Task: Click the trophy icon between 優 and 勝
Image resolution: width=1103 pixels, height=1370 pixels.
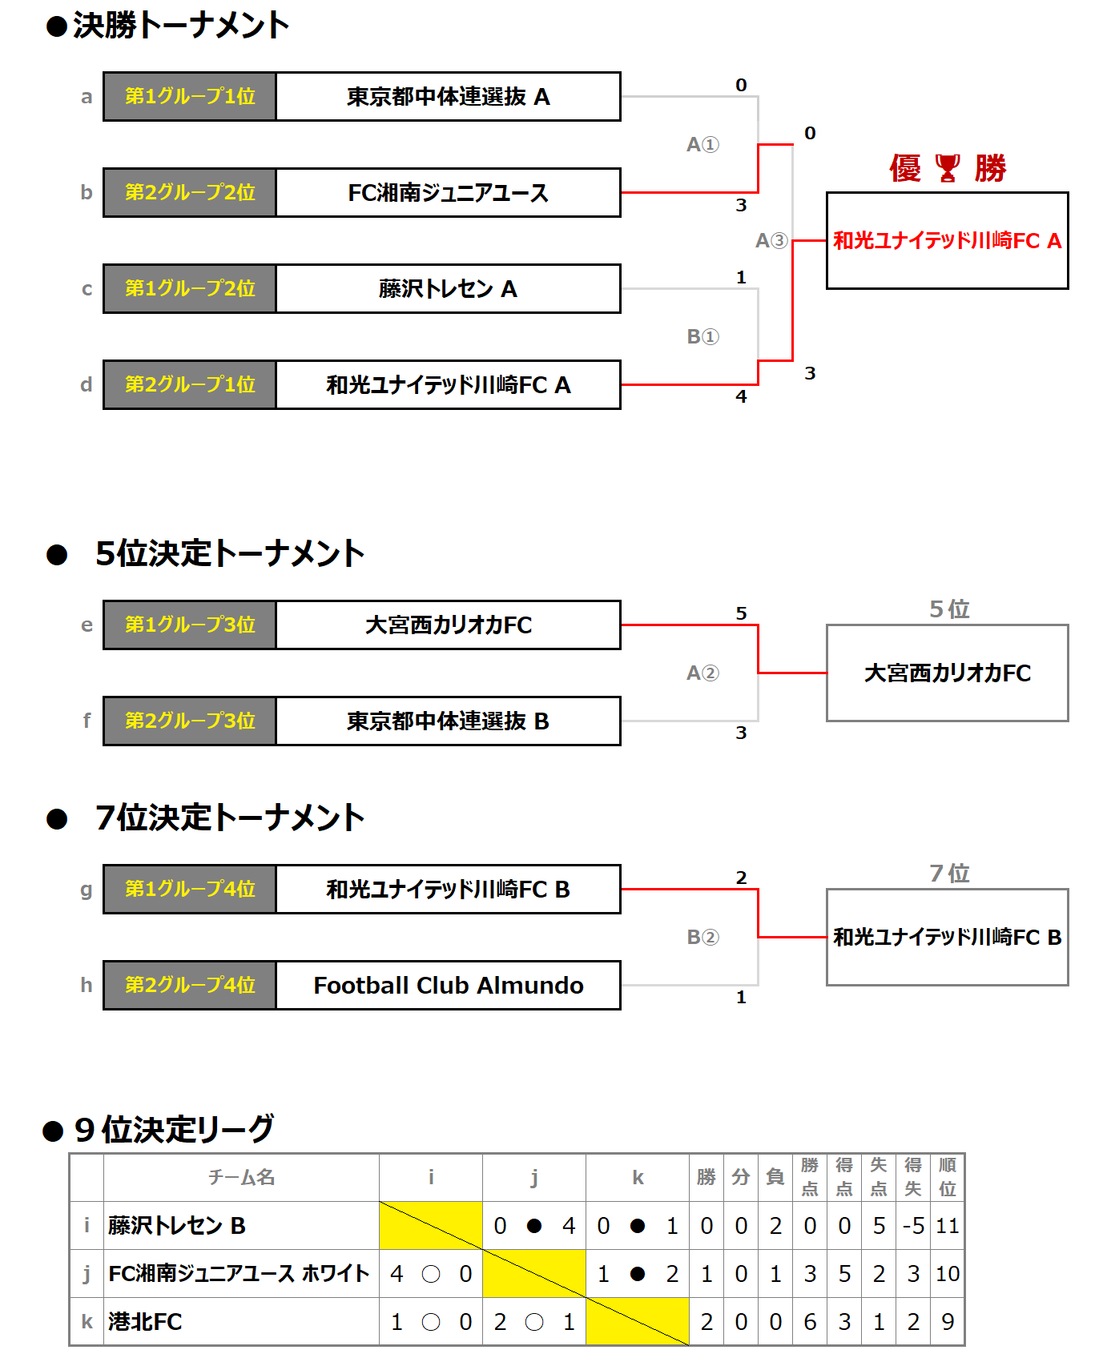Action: click(948, 168)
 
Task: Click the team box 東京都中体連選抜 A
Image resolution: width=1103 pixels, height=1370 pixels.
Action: click(448, 97)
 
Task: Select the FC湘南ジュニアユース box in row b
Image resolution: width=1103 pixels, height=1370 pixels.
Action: click(448, 193)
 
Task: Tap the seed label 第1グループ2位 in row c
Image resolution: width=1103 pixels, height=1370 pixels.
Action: click(190, 289)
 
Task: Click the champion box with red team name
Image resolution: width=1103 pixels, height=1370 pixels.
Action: click(947, 240)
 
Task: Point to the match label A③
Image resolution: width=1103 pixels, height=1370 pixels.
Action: click(771, 240)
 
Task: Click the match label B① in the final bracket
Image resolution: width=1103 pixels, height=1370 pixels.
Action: click(702, 336)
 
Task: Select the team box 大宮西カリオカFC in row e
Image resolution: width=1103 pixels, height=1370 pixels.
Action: click(448, 625)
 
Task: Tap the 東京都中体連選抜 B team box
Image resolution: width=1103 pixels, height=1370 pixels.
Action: click(448, 721)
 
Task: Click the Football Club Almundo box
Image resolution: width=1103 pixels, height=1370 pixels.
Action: click(448, 986)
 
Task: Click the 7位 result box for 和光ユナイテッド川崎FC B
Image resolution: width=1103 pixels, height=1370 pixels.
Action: click(947, 937)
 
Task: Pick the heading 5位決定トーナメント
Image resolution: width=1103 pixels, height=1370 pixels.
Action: click(229, 553)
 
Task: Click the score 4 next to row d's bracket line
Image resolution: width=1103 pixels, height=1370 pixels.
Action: click(741, 396)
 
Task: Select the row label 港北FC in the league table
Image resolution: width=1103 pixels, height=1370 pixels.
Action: click(145, 1322)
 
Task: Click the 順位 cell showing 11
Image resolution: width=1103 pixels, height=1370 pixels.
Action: click(948, 1226)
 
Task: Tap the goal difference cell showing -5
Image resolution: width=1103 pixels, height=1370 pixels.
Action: click(913, 1226)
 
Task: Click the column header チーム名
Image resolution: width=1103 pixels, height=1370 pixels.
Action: click(241, 1177)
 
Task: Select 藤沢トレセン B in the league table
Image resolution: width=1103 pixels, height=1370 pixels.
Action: click(177, 1226)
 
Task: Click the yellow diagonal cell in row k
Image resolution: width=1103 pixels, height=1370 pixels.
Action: click(638, 1322)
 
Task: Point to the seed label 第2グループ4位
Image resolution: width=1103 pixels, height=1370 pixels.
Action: click(190, 986)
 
